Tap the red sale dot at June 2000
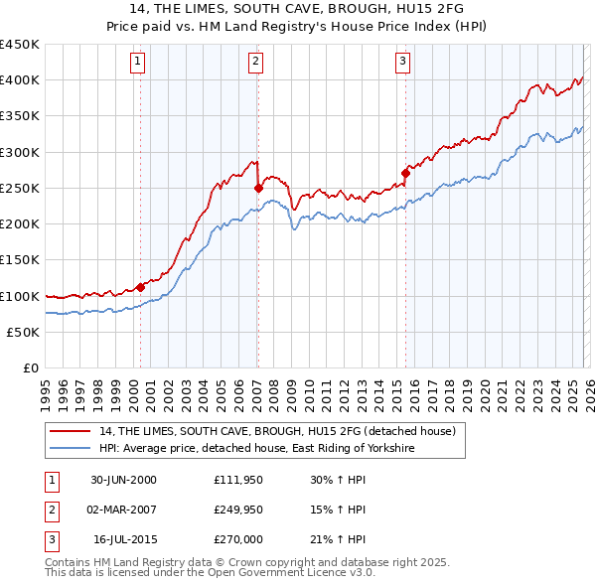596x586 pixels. tap(140, 287)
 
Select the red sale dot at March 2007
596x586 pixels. tap(258, 187)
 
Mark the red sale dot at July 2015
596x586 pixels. tap(405, 173)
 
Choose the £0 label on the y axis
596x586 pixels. tap(29, 367)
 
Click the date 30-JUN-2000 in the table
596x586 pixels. tap(123, 480)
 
